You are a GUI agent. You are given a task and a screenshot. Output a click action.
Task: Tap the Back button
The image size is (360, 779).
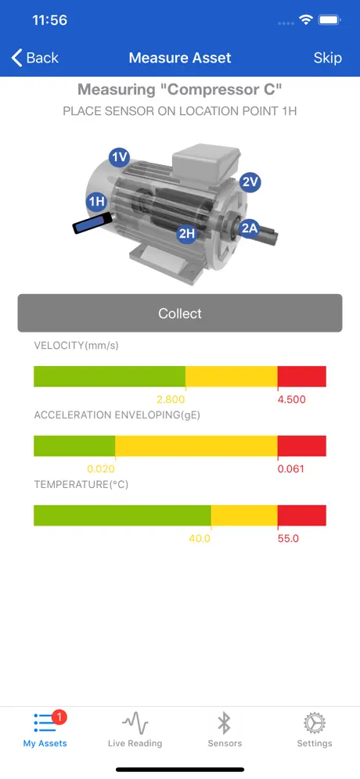pos(34,58)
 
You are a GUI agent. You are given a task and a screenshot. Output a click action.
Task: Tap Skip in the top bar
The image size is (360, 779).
pos(328,58)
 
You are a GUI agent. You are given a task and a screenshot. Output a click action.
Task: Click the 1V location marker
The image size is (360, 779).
pos(119,157)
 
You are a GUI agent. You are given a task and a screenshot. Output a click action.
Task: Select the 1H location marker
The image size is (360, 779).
pos(96,201)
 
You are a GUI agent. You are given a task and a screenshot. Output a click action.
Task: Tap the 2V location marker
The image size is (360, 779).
pos(250,181)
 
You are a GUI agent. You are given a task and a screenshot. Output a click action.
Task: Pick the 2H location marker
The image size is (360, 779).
pos(186,233)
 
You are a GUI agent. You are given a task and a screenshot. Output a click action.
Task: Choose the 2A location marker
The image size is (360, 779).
pos(249,228)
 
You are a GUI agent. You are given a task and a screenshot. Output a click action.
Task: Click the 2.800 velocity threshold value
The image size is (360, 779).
pos(171,400)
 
